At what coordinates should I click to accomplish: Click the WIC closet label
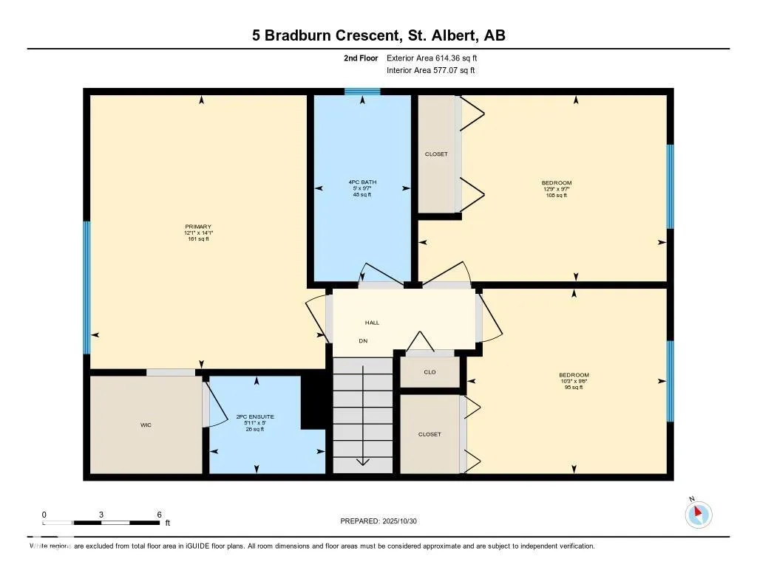coord(146,425)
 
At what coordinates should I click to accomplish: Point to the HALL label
coord(372,323)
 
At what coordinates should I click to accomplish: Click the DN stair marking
coord(363,341)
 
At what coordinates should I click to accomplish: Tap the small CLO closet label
coord(430,372)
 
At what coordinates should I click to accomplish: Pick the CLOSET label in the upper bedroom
coord(436,154)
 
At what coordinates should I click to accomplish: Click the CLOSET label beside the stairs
coord(430,434)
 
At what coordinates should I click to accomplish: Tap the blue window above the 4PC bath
coord(362,92)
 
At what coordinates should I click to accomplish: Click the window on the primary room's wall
coord(86,287)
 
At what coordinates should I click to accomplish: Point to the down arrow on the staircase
coord(362,461)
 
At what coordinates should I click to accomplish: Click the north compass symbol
coord(698,514)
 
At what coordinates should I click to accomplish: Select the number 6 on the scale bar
coord(159,515)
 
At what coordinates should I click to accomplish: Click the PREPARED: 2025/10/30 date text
coord(384,521)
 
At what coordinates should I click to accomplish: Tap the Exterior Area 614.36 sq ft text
coord(437,58)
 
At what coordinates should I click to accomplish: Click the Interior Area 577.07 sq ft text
coord(431,71)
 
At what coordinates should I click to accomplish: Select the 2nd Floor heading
coord(361,58)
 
